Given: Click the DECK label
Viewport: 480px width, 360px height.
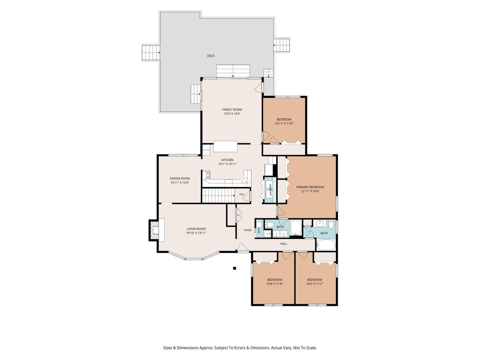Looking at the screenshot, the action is click(x=211, y=56).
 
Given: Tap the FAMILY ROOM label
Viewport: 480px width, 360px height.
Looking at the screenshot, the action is click(x=232, y=109).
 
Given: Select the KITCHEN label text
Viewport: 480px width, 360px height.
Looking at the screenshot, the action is click(x=227, y=160).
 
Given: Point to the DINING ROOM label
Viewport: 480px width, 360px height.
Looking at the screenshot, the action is click(x=180, y=178).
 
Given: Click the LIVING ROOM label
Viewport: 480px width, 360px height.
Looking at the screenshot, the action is click(x=196, y=229).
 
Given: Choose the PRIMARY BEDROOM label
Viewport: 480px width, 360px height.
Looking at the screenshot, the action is click(x=310, y=187).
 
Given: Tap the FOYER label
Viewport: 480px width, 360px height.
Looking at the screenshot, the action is click(x=248, y=230).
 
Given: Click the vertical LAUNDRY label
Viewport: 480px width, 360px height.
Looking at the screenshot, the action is click(x=270, y=190).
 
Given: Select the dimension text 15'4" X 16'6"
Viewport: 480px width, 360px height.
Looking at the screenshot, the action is click(x=232, y=114).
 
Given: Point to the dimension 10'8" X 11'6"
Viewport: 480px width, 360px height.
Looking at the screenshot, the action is click(x=275, y=284).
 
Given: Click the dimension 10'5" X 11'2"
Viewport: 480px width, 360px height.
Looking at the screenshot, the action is click(x=315, y=284).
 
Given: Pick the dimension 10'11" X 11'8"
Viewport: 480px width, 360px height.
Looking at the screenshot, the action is click(x=284, y=124).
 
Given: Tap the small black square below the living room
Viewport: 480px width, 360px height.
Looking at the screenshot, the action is click(x=235, y=268).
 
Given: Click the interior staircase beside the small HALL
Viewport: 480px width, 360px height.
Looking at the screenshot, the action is click(x=218, y=196).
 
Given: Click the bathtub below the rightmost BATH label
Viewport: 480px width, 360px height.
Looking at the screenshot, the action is click(x=326, y=245).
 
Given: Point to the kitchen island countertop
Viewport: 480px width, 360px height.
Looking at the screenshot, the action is click(x=226, y=147).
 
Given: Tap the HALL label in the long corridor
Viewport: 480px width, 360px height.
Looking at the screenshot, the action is click(x=284, y=244).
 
